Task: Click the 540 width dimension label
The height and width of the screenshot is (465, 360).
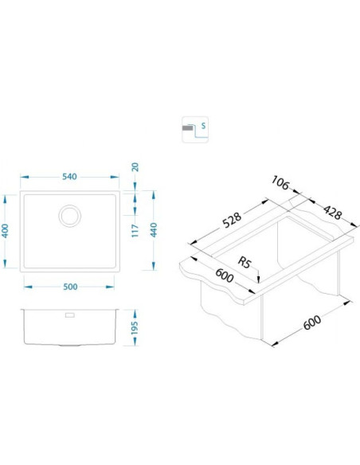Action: (69, 177)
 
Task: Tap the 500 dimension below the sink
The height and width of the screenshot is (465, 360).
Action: (70, 287)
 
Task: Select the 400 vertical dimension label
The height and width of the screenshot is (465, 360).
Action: (5, 231)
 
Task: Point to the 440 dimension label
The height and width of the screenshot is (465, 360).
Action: (153, 230)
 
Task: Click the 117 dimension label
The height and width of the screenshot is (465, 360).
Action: (135, 231)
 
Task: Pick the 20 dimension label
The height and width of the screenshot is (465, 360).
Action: (135, 167)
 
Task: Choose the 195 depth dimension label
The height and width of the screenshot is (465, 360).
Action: (135, 328)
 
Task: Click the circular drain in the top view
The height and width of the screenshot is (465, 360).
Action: (69, 216)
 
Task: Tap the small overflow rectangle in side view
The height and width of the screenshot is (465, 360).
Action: (69, 315)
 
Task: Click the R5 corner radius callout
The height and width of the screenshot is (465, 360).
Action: (245, 263)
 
